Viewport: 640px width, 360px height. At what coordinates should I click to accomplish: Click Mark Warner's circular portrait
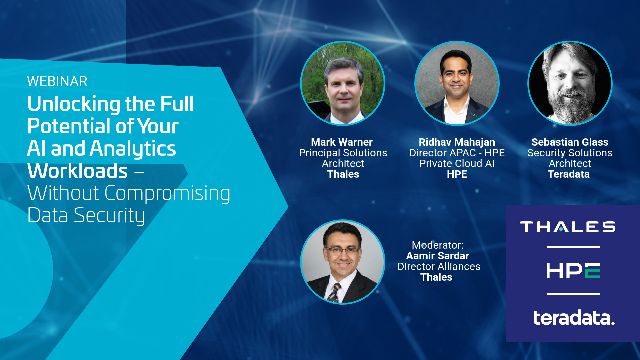coord(343,84)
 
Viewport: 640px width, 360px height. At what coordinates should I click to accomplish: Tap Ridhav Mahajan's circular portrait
coord(457,84)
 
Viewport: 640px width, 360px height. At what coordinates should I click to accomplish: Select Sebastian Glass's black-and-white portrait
coord(571,84)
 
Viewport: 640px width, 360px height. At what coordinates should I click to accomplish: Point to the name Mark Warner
coord(343,141)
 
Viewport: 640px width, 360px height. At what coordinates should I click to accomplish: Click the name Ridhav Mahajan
coord(457,141)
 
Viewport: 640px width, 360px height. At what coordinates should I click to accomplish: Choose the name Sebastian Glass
coord(571,141)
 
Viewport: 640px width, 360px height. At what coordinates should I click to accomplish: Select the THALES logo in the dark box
coord(566,227)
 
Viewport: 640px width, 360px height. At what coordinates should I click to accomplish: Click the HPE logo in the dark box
coord(566,271)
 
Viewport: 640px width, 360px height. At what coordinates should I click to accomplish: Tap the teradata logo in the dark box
coord(566,318)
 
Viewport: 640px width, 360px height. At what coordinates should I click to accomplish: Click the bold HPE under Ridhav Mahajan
coord(457,173)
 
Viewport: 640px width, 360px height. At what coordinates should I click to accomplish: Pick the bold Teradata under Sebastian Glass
coord(571,173)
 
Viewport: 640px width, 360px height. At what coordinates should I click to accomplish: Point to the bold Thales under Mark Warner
coord(343,173)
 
